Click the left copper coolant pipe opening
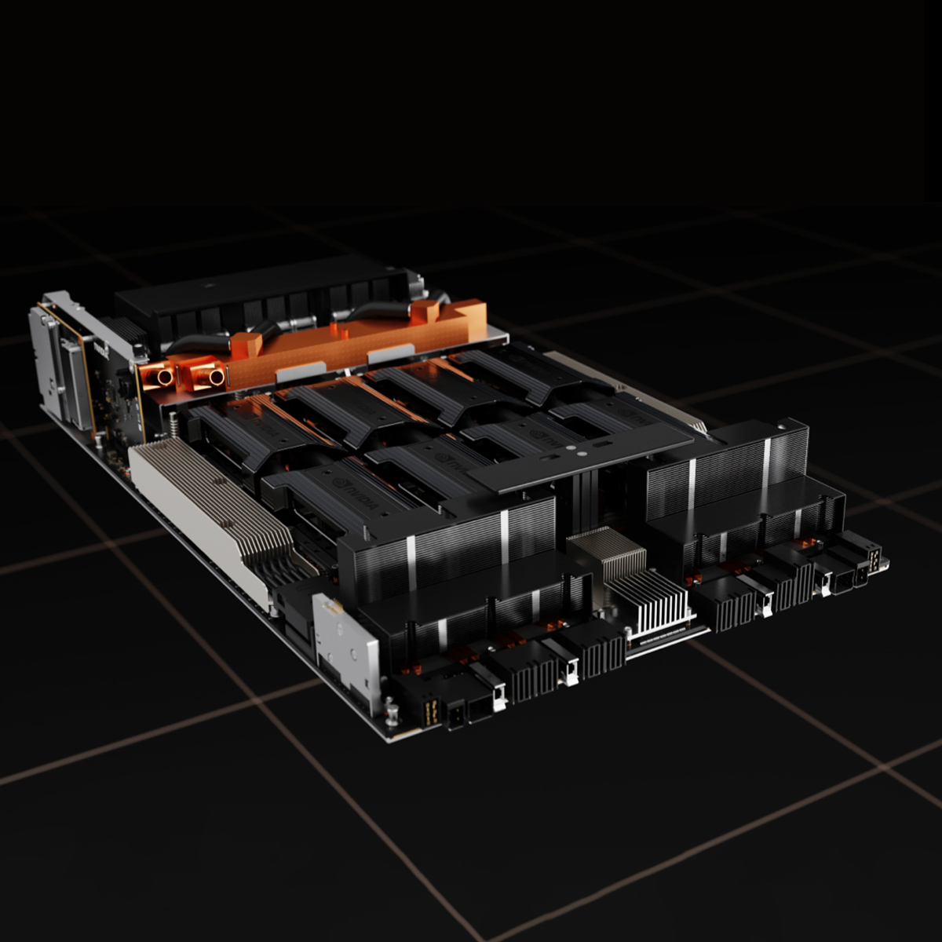tap(165, 377)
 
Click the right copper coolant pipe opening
tap(215, 377)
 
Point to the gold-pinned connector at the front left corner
tap(429, 712)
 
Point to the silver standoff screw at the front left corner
tap(390, 712)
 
